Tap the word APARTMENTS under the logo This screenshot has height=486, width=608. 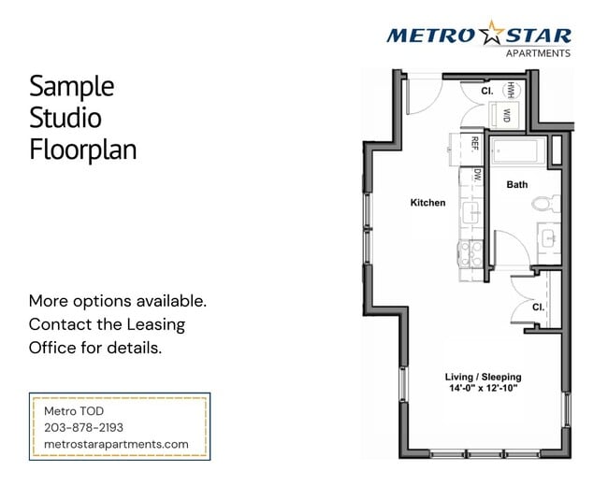[538, 54]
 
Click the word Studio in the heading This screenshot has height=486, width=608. [65, 118]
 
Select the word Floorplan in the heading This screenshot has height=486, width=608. [82, 149]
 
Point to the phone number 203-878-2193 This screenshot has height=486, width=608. [83, 427]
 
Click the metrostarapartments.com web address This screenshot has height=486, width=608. [116, 444]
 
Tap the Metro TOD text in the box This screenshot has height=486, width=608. [74, 411]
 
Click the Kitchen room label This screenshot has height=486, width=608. [427, 203]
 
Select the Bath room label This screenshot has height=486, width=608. [516, 185]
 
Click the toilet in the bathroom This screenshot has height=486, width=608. [543, 203]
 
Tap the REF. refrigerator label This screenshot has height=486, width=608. [474, 144]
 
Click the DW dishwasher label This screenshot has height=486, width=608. [476, 174]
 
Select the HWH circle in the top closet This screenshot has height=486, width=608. [512, 90]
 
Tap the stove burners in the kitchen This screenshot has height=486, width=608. [470, 255]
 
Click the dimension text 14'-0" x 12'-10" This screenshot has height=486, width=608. [481, 388]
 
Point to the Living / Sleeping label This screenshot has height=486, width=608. [482, 377]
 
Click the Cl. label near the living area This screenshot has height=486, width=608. [538, 307]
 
